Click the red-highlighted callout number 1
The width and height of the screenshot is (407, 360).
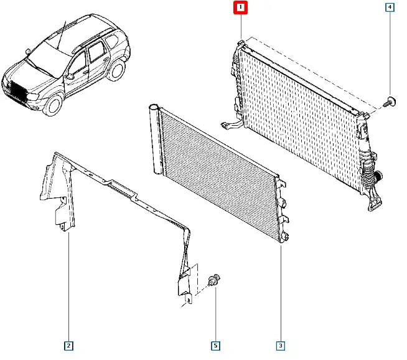click(240, 7)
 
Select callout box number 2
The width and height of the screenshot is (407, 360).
click(68, 346)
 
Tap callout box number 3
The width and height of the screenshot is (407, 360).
click(281, 346)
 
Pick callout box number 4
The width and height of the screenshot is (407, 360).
click(390, 7)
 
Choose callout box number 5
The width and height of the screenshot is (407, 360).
click(215, 346)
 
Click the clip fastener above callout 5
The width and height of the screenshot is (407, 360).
click(214, 279)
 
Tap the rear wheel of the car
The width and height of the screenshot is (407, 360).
click(116, 70)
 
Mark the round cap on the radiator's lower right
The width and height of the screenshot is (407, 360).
click(379, 177)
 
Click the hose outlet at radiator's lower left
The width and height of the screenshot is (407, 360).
click(232, 125)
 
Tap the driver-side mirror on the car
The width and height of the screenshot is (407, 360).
click(70, 77)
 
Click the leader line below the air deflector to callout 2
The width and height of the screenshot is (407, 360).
click(69, 287)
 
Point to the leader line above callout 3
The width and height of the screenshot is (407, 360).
click(281, 293)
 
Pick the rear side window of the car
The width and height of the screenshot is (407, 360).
click(113, 42)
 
